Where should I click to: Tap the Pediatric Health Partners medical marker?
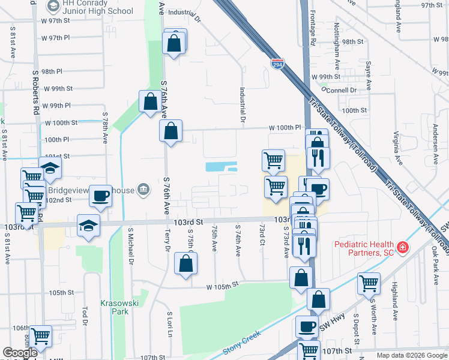click(402, 247)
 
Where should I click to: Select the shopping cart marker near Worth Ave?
click(369, 283)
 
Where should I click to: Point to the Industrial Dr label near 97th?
click(184, 12)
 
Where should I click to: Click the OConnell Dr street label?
click(339, 90)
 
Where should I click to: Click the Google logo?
click(20, 353)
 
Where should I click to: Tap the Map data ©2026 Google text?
click(411, 355)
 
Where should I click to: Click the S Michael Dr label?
click(130, 246)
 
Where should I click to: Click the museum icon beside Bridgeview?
click(143, 190)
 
